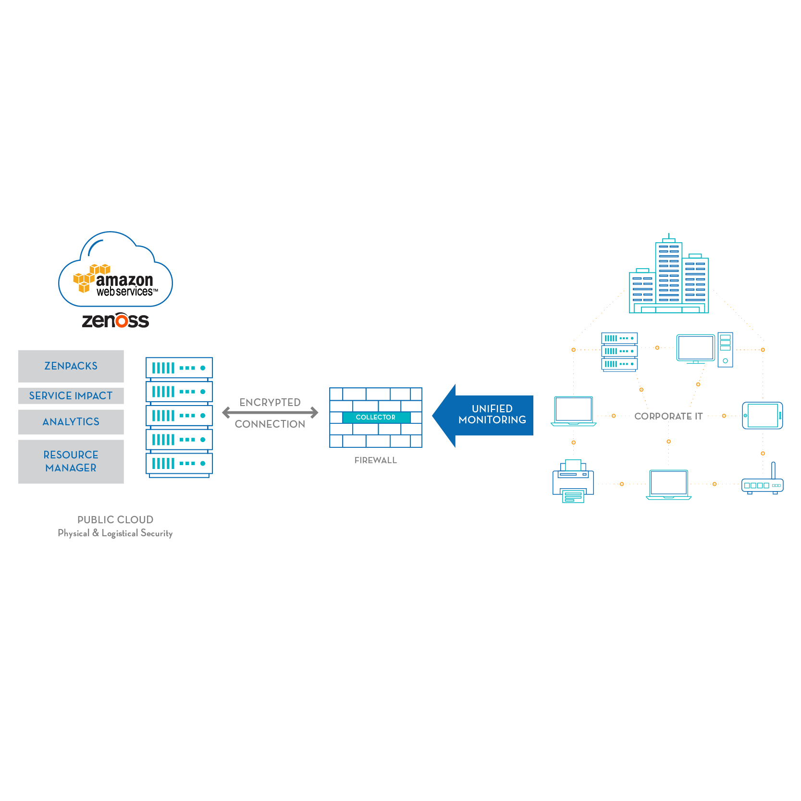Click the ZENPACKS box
(71, 366)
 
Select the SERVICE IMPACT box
(71, 396)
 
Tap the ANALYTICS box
(71, 422)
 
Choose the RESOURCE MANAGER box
(71, 461)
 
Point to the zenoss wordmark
(115, 320)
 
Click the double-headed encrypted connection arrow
(270, 412)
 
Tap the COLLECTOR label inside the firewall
(376, 417)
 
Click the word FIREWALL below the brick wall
(376, 460)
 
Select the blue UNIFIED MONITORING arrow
(485, 415)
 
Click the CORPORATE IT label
(668, 416)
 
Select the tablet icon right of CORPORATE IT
(763, 416)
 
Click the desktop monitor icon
(695, 348)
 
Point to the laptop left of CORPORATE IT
(573, 411)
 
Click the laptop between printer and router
(668, 484)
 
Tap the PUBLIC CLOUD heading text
(115, 520)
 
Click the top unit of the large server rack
(179, 368)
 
